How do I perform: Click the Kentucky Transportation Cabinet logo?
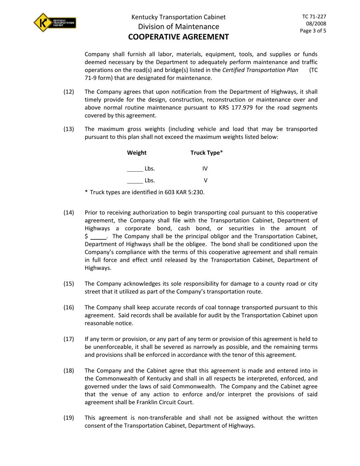click(x=55, y=22)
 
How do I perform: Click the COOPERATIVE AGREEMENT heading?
click(x=178, y=37)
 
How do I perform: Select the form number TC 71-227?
click(x=314, y=17)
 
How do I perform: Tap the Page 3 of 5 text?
click(x=313, y=31)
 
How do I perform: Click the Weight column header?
click(x=137, y=153)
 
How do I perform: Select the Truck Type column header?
click(x=207, y=153)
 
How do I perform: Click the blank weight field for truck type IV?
click(x=135, y=169)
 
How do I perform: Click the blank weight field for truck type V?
click(x=135, y=181)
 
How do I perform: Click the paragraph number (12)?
click(x=69, y=92)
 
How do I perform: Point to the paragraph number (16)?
click(x=69, y=307)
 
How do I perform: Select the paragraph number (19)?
click(x=69, y=418)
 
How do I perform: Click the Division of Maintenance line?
click(x=178, y=27)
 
